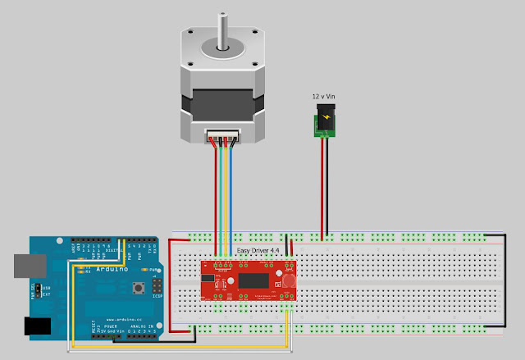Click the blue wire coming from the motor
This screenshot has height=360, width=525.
(234, 197)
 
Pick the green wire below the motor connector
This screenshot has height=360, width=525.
(228, 197)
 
